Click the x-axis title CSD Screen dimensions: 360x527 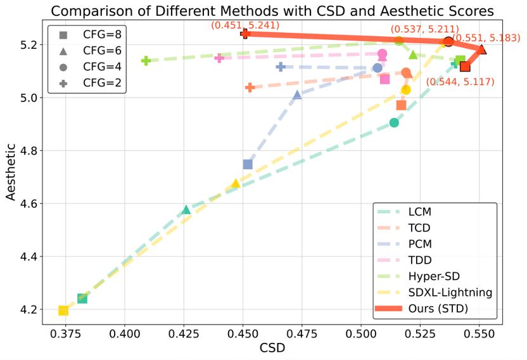(272, 348)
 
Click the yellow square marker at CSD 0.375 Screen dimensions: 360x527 (63, 310)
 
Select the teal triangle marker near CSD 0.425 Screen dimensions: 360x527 (186, 210)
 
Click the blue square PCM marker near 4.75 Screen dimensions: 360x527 (248, 164)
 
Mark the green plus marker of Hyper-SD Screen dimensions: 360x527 (146, 61)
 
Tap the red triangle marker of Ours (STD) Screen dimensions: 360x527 (482, 49)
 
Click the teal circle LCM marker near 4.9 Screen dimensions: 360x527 (394, 122)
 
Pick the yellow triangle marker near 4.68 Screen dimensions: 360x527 (236, 183)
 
